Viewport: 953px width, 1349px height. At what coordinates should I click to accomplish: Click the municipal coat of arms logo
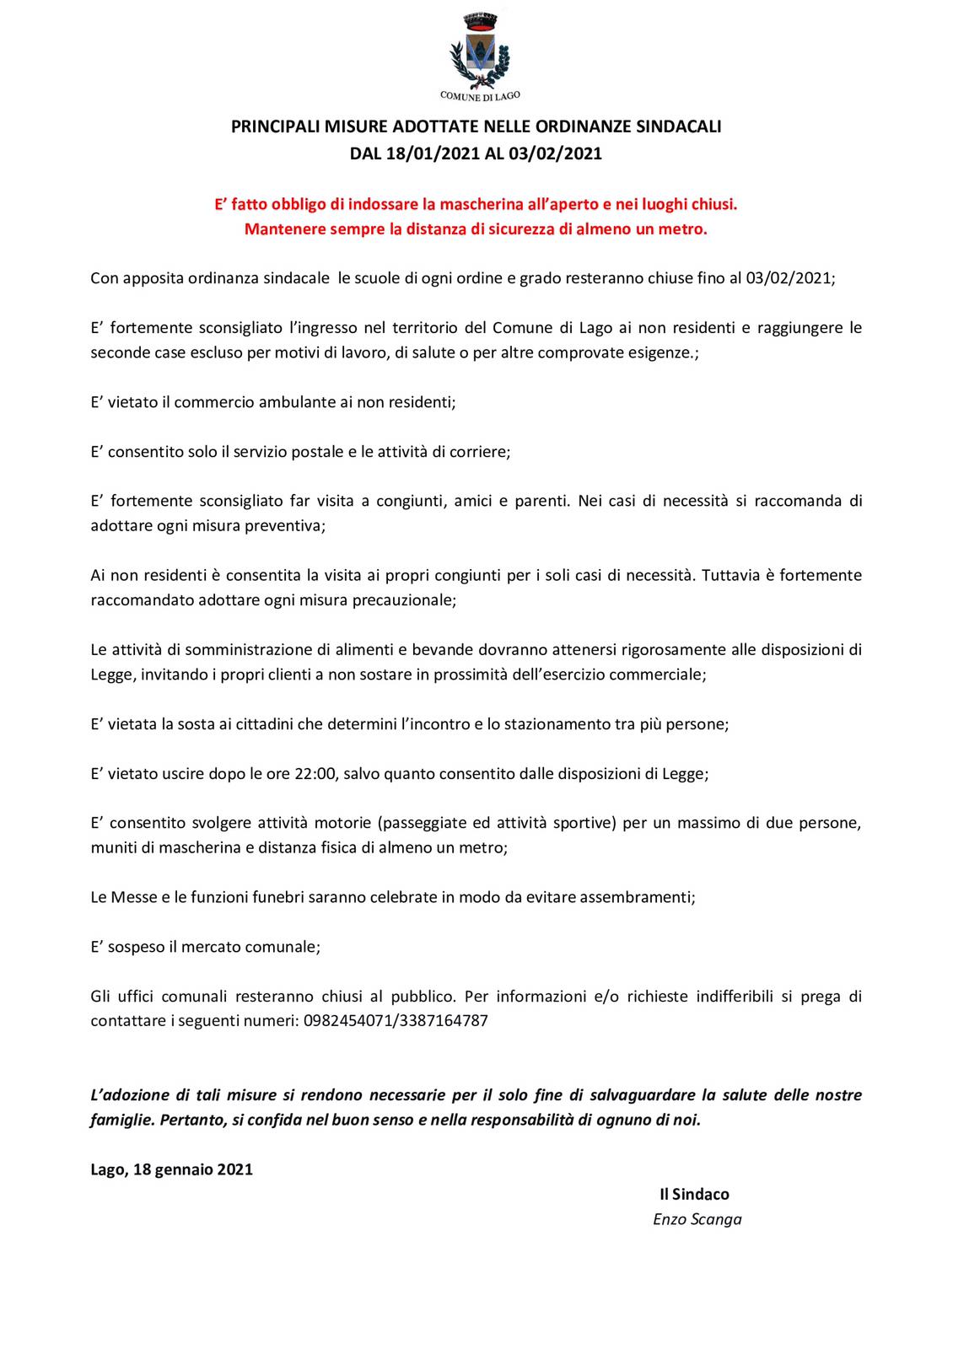(480, 49)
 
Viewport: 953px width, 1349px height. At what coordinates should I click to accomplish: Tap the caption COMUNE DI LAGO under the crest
(480, 96)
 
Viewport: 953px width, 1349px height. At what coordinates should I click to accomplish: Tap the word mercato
(210, 946)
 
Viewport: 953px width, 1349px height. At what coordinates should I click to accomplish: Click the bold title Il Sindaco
(694, 1194)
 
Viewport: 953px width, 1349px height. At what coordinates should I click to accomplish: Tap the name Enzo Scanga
(697, 1219)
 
